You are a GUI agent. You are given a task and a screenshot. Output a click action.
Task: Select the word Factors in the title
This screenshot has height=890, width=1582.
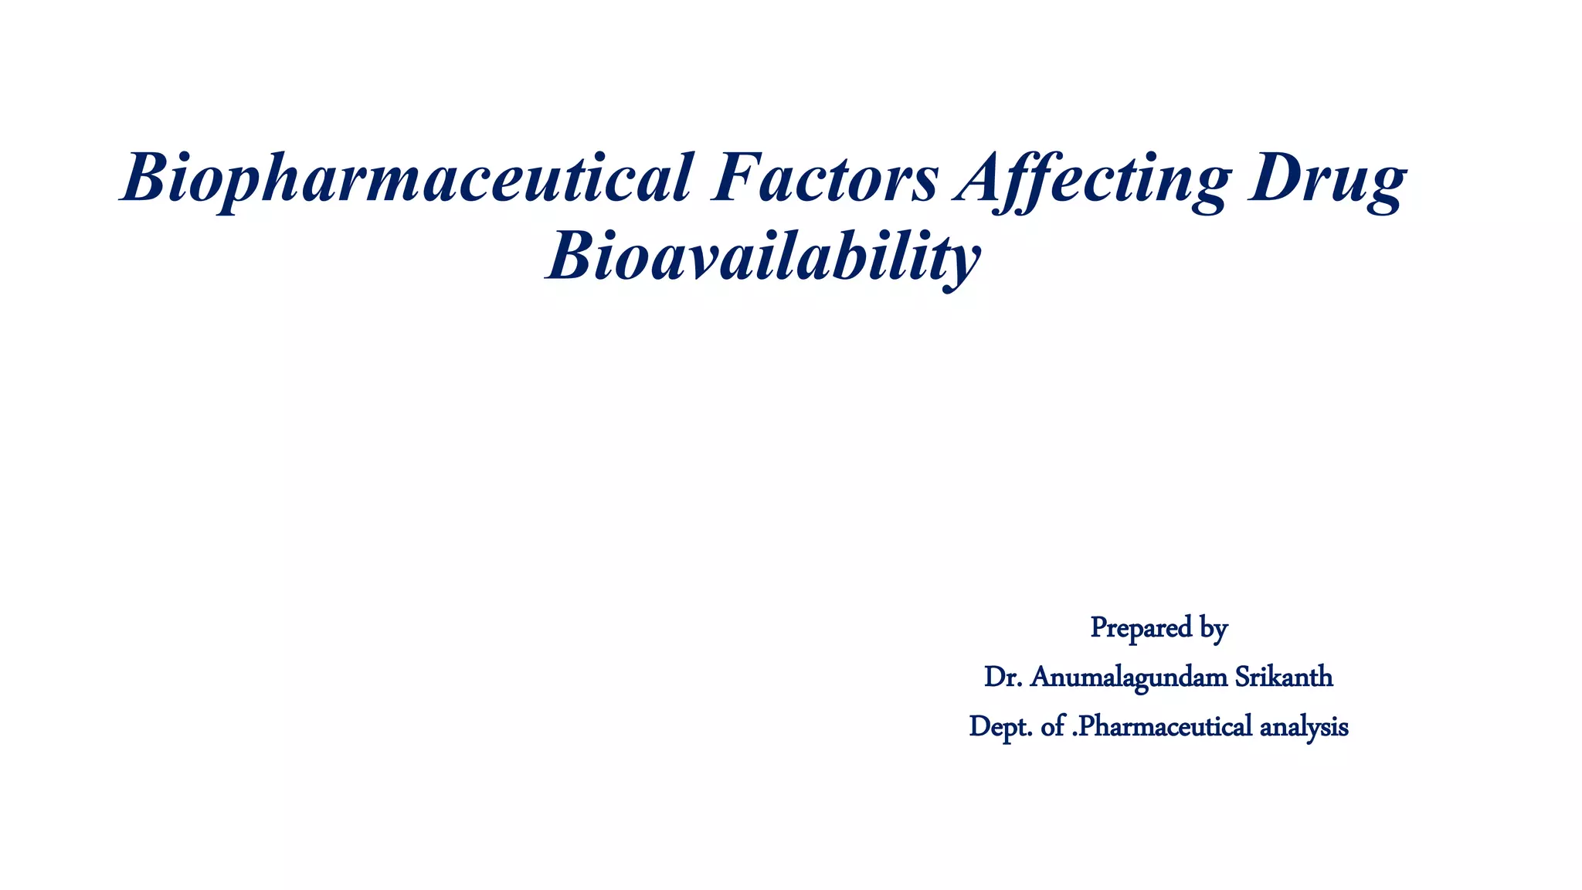(x=825, y=178)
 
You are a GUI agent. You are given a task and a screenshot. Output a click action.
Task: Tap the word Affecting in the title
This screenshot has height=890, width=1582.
(x=1092, y=180)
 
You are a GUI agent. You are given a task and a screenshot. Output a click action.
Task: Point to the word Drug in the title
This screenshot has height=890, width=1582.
(x=1326, y=180)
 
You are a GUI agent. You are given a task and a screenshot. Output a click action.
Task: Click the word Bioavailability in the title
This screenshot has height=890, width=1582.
(x=763, y=257)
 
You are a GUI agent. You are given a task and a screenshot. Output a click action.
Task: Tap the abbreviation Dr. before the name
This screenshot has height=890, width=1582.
(x=1003, y=677)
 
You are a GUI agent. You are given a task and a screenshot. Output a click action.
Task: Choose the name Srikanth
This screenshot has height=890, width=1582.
(x=1284, y=677)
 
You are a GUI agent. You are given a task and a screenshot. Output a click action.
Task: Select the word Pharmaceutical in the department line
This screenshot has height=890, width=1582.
(x=1164, y=727)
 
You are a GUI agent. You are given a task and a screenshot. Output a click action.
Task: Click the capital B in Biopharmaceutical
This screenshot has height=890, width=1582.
(x=147, y=178)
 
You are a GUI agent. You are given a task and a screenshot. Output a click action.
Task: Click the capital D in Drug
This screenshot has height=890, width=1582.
(x=1275, y=178)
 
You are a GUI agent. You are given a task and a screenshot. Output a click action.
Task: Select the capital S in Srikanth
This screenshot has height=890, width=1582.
(x=1244, y=677)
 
